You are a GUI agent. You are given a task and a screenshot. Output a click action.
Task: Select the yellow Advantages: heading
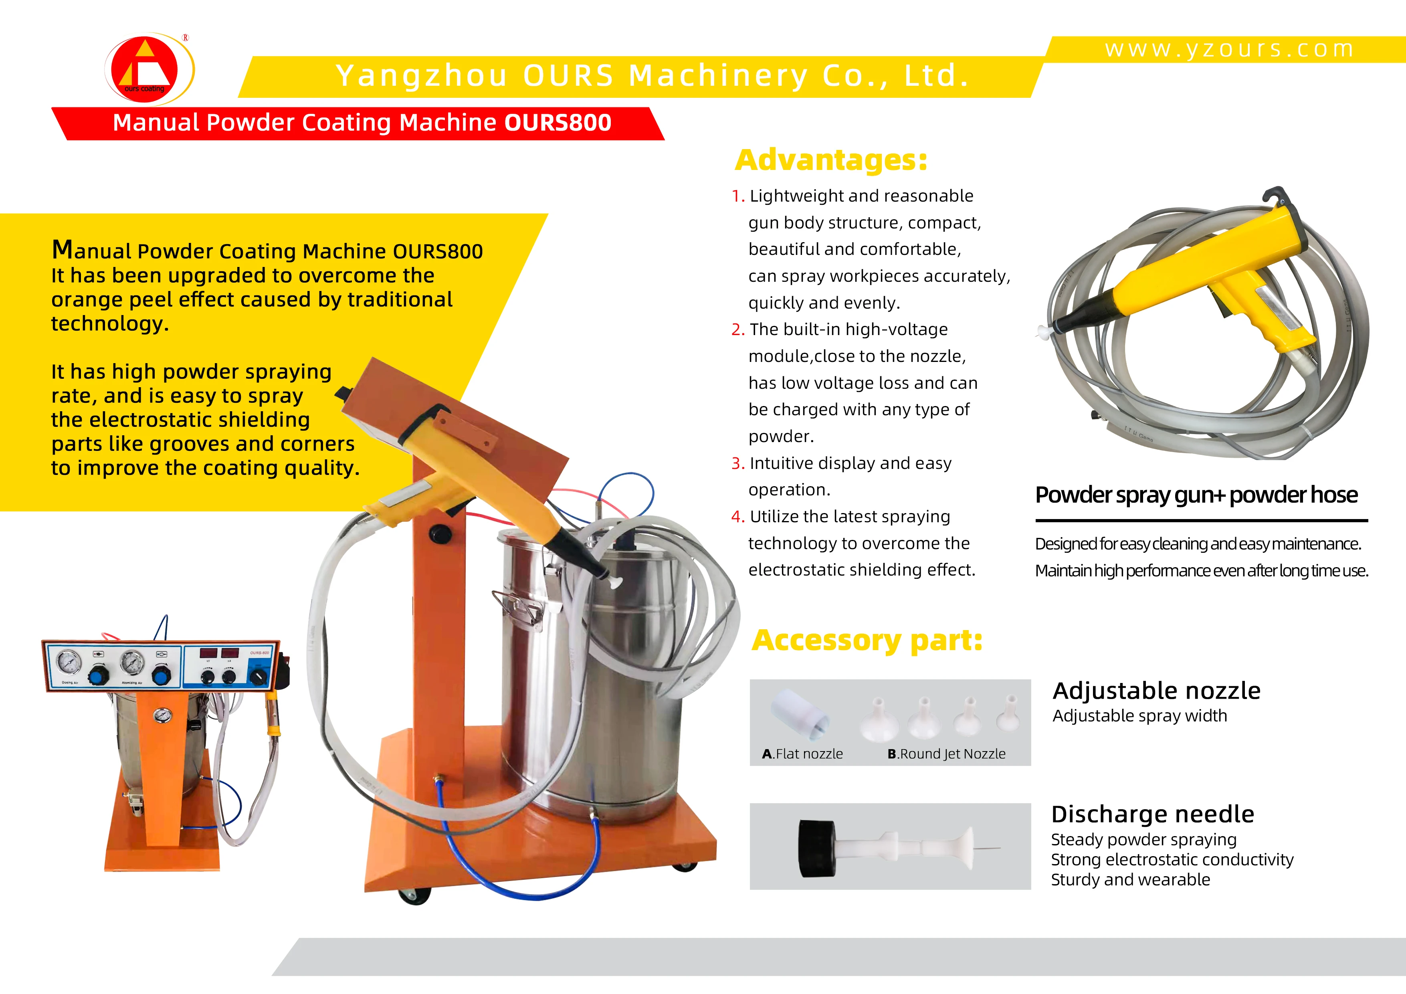[x=831, y=160]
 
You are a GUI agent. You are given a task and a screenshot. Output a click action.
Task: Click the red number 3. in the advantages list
[x=738, y=464]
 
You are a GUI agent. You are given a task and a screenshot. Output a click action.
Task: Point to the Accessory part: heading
[x=867, y=640]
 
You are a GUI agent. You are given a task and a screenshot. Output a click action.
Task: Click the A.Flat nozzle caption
[x=802, y=754]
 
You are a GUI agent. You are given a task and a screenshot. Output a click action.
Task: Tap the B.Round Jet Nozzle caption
[x=946, y=754]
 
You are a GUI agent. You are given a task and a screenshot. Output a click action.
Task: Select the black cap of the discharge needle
[x=817, y=848]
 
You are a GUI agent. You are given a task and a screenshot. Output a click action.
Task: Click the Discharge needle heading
[x=1152, y=814]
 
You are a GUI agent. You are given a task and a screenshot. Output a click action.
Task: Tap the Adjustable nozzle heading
[x=1156, y=691]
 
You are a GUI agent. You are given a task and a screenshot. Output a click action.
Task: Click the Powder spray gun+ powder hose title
[x=1196, y=495]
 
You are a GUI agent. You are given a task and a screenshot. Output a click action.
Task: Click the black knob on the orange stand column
[x=439, y=532]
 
